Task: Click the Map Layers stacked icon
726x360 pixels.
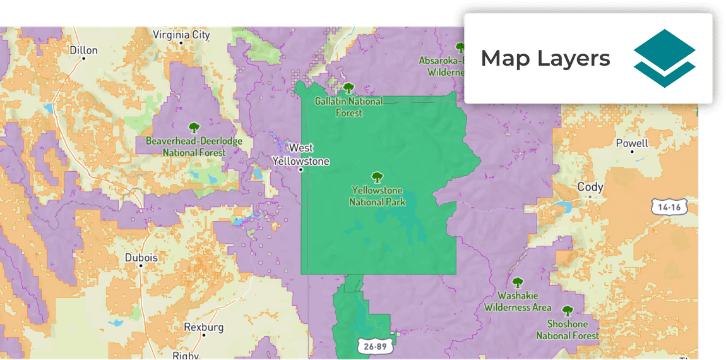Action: pos(664,58)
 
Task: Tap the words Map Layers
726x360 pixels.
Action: pos(545,58)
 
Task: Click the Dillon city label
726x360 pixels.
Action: pos(83,51)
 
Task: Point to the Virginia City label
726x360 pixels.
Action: pos(181,35)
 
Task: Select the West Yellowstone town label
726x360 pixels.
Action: pos(301,155)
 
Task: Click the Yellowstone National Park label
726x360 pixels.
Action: pos(378,196)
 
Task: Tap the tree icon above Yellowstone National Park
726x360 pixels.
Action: pos(378,177)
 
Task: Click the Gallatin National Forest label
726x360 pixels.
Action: pos(348,107)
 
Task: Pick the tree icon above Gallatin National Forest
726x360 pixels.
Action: pos(348,88)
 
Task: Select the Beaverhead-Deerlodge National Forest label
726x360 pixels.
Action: pos(194,147)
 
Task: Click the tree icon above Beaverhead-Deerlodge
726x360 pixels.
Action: pos(194,128)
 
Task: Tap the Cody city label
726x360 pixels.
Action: pos(590,187)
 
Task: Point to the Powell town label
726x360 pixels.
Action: pos(632,143)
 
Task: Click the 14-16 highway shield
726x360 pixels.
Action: pos(669,207)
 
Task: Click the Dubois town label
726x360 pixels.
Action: pos(141,258)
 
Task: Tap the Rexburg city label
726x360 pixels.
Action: pos(204,327)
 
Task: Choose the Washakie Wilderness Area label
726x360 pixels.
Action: pos(518,301)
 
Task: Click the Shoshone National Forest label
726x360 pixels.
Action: pos(568,330)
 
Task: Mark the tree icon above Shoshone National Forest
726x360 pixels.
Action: pos(568,311)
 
